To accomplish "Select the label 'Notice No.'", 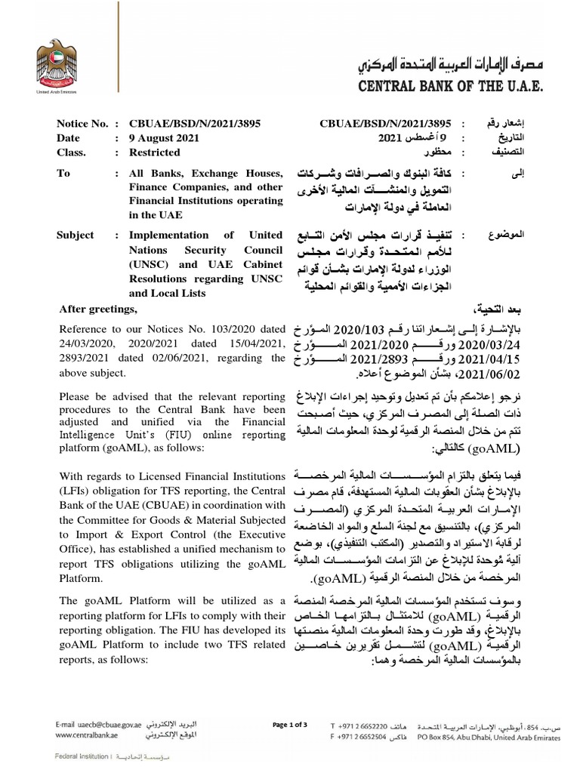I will tap(83, 123).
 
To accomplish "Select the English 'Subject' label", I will tap(77, 235).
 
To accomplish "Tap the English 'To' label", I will tap(63, 174).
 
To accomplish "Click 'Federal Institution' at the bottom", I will tap(81, 756).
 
